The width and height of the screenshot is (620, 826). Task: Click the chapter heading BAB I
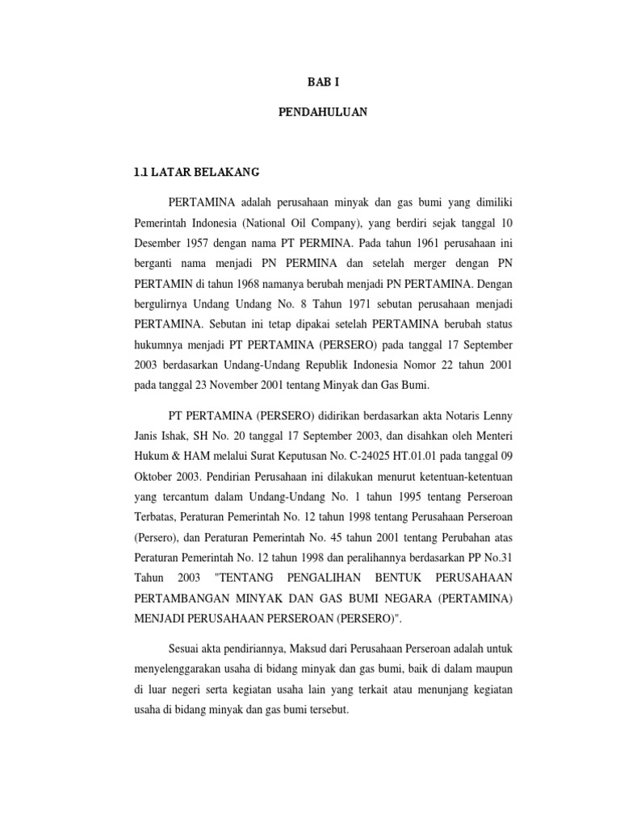tap(321, 82)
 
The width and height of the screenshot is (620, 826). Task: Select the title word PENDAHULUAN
tap(321, 114)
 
